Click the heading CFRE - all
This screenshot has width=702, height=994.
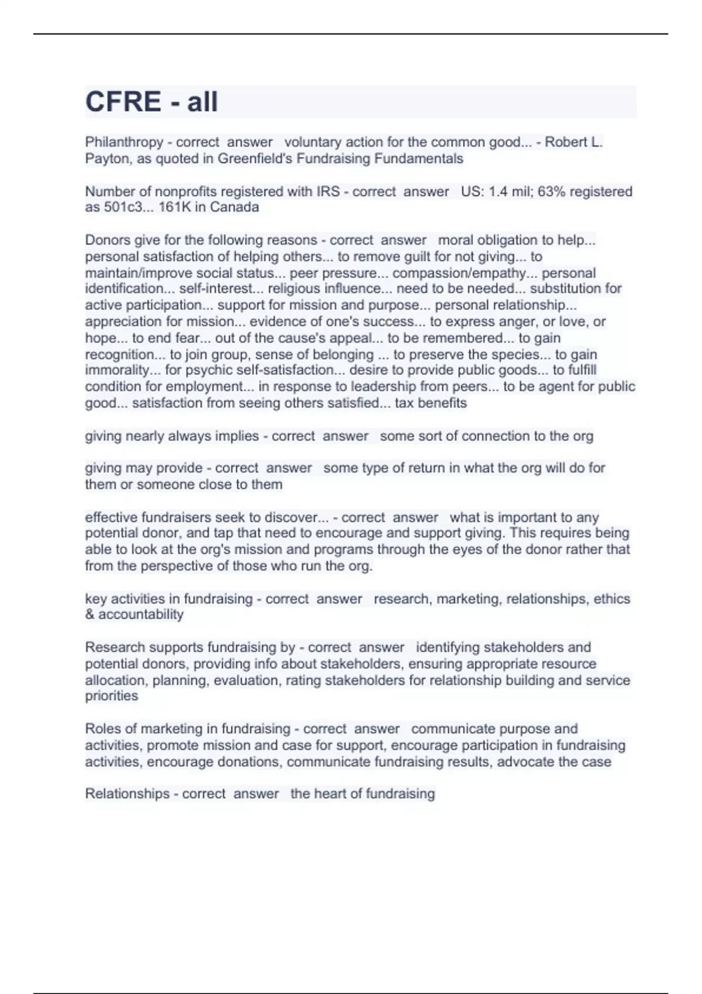tap(152, 102)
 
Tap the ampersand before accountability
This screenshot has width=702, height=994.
tap(90, 615)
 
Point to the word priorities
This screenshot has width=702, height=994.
tap(112, 696)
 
